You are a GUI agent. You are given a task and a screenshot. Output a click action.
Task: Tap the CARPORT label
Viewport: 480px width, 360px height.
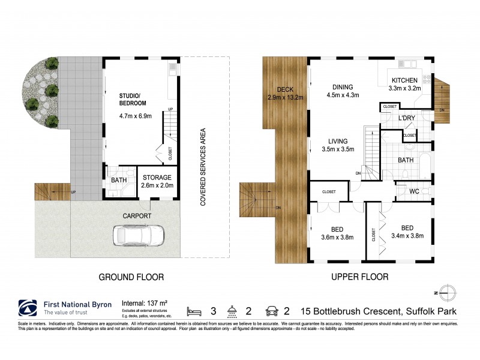coord(137,215)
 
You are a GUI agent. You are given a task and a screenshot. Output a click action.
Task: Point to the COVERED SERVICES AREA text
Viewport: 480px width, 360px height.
coord(203,167)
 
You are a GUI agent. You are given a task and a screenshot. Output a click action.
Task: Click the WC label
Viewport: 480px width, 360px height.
coord(413,192)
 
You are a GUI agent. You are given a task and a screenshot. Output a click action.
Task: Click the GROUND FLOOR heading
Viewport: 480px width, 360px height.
coord(131,277)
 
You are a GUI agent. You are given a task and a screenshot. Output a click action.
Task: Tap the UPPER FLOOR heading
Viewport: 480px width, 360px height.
coord(360,277)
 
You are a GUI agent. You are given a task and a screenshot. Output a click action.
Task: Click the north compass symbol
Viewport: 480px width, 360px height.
coord(447,292)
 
